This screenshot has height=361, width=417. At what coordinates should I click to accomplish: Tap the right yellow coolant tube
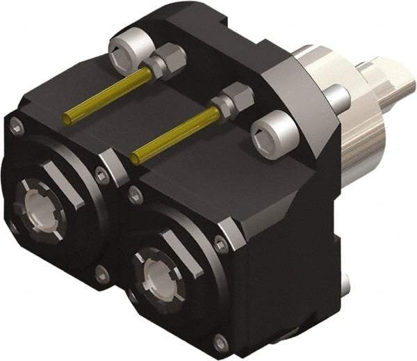pyautogui.click(x=171, y=133)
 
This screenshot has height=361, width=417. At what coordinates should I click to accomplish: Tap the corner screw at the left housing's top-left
pyautogui.click(x=15, y=126)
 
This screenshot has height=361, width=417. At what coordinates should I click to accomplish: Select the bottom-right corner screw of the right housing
pyautogui.click(x=221, y=340)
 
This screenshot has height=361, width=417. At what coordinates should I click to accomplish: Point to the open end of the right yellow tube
pyautogui.click(x=133, y=158)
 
